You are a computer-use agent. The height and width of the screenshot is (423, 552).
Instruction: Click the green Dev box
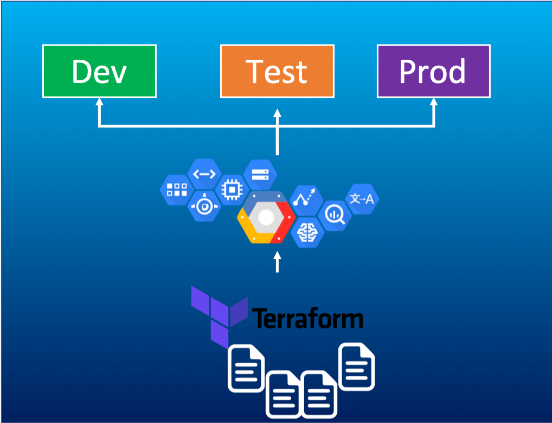[99, 71]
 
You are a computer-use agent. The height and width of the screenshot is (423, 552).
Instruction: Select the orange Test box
[277, 71]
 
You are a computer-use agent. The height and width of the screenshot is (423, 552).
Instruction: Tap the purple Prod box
[433, 71]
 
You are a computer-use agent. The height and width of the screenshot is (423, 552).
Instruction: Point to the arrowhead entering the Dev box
[99, 103]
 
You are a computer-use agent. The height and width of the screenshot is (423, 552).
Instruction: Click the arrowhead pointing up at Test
[277, 113]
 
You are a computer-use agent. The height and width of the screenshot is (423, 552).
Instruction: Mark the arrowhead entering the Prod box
[433, 103]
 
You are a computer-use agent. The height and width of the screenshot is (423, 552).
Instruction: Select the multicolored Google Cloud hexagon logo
[266, 218]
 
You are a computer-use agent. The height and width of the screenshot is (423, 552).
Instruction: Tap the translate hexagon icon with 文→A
[362, 199]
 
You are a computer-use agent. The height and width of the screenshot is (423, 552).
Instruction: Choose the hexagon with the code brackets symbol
[204, 174]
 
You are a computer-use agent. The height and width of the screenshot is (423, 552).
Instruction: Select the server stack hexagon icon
[260, 174]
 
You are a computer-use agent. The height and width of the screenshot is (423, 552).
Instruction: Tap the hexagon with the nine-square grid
[177, 190]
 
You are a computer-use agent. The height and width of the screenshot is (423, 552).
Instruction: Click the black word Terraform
[307, 318]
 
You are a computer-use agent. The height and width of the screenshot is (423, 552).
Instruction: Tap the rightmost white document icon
[356, 367]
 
